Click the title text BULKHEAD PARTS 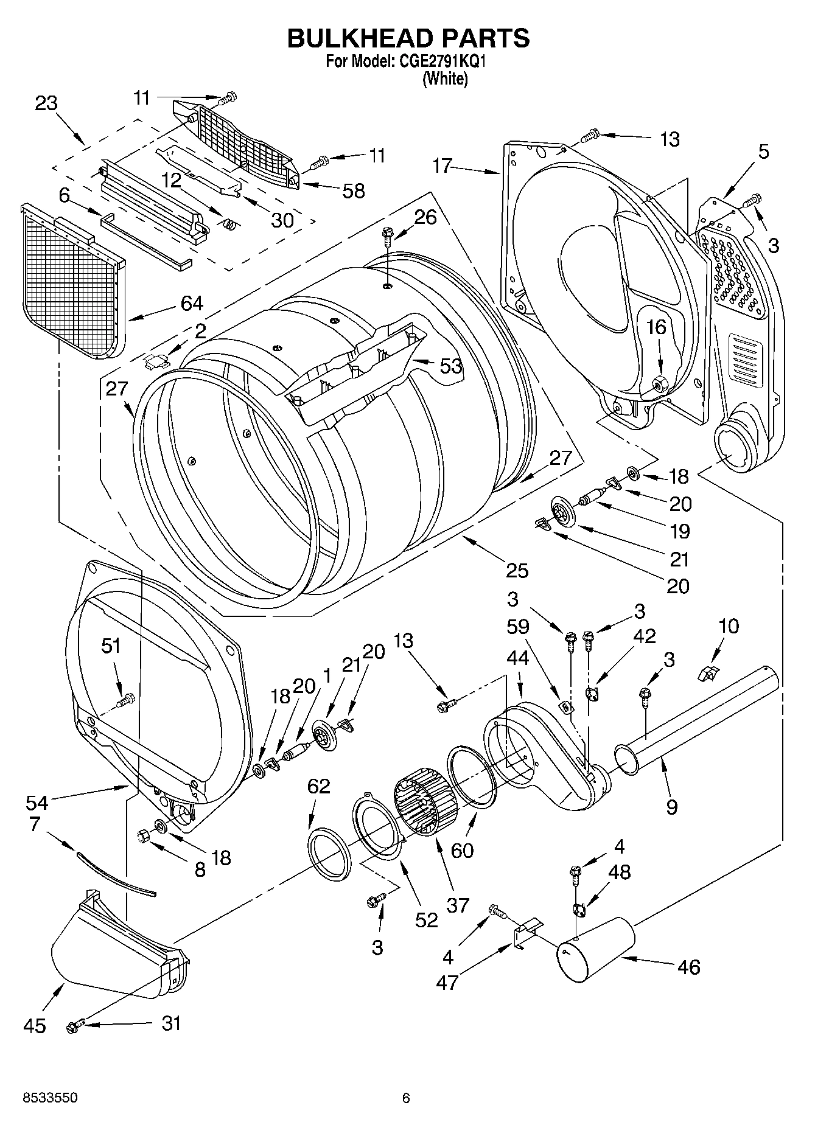[x=408, y=38]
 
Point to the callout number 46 [x=688, y=967]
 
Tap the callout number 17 [x=443, y=165]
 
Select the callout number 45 [x=34, y=1026]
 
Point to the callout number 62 [x=318, y=786]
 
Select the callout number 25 [x=517, y=570]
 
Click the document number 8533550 [x=50, y=1098]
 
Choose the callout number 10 [x=728, y=625]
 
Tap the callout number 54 [x=37, y=803]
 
